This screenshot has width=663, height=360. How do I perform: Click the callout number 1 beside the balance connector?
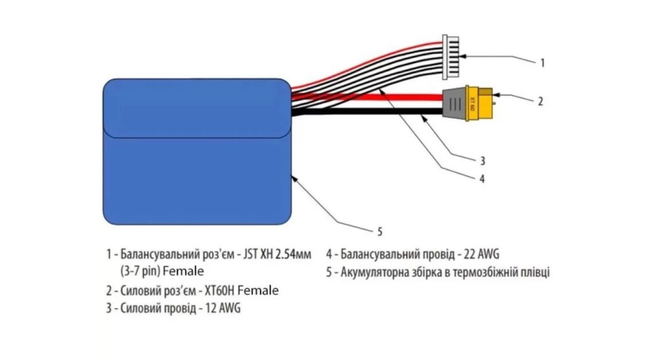[542, 63]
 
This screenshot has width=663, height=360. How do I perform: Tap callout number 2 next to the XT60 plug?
[540, 102]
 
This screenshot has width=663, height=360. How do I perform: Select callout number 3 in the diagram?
[483, 159]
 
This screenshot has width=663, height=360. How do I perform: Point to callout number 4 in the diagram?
[482, 179]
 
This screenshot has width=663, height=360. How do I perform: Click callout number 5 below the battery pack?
[379, 232]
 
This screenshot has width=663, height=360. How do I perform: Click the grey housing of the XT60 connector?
[455, 105]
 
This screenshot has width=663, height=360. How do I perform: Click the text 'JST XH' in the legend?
[254, 253]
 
